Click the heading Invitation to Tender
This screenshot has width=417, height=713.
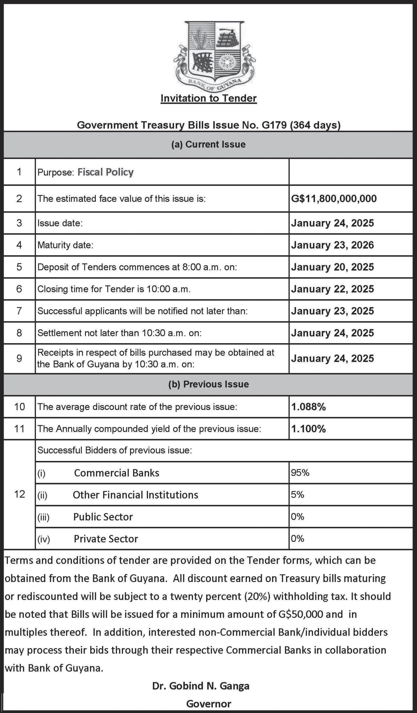209,98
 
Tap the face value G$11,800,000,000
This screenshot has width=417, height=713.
334,198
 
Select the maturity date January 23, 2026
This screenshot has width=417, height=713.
332,245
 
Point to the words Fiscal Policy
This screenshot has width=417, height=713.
106,172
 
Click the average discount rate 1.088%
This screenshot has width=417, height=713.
309,407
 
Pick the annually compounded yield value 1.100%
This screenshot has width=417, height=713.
309,429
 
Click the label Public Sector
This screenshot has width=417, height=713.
103,517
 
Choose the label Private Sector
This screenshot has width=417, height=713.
106,539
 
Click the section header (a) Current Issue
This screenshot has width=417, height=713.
208,144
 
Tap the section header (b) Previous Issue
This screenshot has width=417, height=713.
208,384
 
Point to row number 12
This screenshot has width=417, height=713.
19,494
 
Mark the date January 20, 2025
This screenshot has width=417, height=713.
332,267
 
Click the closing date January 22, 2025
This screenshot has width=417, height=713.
332,289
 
